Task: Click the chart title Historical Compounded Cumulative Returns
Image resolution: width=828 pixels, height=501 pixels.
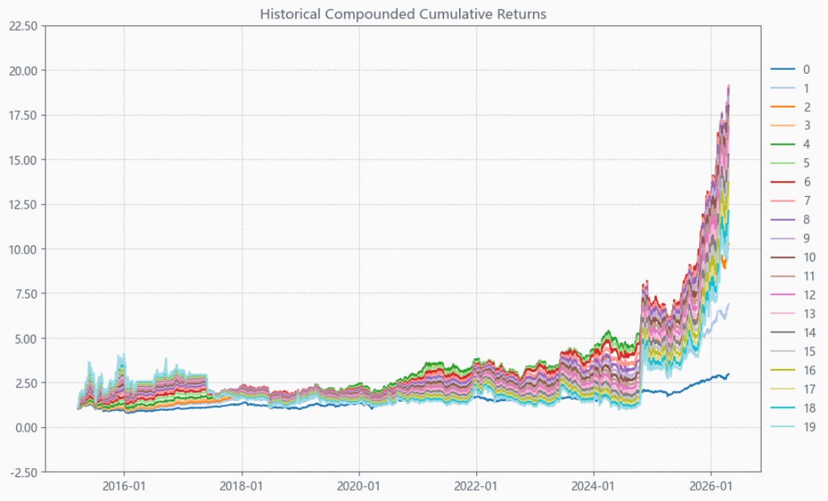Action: (403, 13)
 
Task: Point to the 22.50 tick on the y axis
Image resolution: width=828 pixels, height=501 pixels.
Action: (23, 26)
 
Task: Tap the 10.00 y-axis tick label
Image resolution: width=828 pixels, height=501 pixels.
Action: (23, 249)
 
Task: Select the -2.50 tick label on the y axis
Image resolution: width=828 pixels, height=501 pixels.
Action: (23, 472)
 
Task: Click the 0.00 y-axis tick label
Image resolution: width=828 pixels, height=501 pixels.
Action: (26, 427)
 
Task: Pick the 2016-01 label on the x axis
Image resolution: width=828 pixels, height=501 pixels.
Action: (124, 485)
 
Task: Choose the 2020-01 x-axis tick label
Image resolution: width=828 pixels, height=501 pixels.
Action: (359, 485)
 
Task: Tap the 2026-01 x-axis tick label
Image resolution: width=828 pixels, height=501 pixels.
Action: (711, 485)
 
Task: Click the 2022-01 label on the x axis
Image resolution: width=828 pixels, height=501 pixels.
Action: (476, 485)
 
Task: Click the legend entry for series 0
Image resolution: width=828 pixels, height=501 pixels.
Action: (790, 69)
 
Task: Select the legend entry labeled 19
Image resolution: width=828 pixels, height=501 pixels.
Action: (793, 427)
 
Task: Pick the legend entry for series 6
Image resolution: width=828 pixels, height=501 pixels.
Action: (790, 182)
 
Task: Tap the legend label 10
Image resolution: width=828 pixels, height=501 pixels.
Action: (809, 257)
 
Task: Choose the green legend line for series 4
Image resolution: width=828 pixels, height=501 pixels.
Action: (783, 145)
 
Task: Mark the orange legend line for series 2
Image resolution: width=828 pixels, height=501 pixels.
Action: (783, 107)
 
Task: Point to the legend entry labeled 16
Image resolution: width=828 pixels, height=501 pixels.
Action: (793, 371)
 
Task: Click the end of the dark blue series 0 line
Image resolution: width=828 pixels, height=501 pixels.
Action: (729, 374)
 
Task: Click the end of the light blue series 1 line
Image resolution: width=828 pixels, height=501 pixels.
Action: (729, 304)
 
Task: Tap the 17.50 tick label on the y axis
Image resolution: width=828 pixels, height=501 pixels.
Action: (23, 116)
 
